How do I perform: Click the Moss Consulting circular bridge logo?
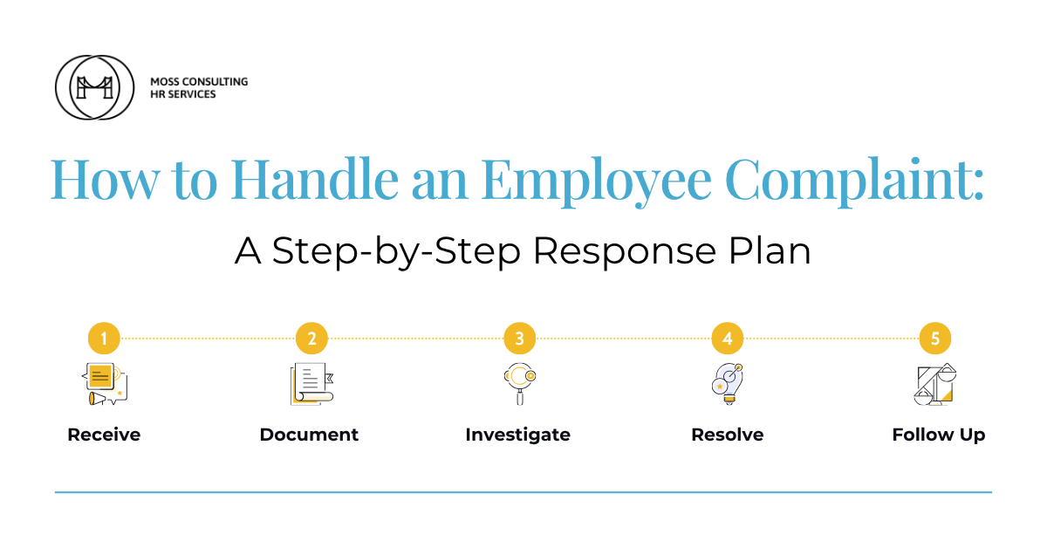pyautogui.click(x=94, y=87)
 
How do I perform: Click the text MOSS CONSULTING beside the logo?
pyautogui.click(x=199, y=81)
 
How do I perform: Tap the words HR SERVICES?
pyautogui.click(x=182, y=94)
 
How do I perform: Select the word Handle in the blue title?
pyautogui.click(x=315, y=179)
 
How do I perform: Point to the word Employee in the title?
pyautogui.click(x=597, y=182)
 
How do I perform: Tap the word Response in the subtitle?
pyautogui.click(x=625, y=252)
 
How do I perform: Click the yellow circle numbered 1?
pyautogui.click(x=104, y=338)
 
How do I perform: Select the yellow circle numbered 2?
pyautogui.click(x=311, y=338)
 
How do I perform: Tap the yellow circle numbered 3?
pyautogui.click(x=519, y=338)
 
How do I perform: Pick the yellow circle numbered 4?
pyautogui.click(x=728, y=338)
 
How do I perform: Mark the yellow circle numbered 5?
pyautogui.click(x=934, y=338)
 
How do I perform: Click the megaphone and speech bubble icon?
pyautogui.click(x=104, y=384)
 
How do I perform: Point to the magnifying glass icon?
pyautogui.click(x=520, y=384)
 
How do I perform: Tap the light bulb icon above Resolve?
pyautogui.click(x=728, y=384)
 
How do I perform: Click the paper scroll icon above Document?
pyautogui.click(x=312, y=384)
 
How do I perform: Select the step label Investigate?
pyautogui.click(x=518, y=435)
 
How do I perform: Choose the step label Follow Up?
pyautogui.click(x=939, y=435)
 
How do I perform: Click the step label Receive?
pyautogui.click(x=104, y=435)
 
